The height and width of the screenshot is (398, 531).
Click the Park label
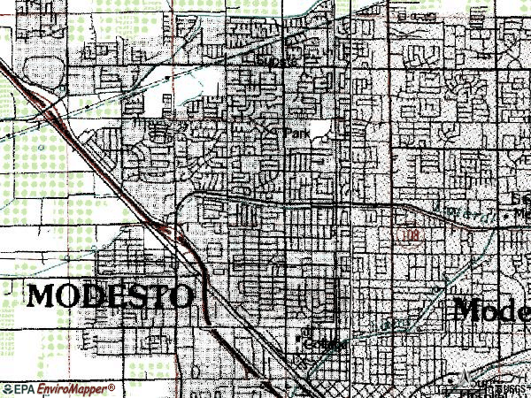coord(296,134)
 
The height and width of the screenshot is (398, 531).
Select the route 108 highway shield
coord(408,235)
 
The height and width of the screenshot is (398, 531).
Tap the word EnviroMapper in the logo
coord(71,389)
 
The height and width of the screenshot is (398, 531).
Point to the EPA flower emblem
coord(6,389)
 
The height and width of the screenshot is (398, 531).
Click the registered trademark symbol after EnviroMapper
coord(112,387)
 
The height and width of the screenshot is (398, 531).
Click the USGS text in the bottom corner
coord(508,387)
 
